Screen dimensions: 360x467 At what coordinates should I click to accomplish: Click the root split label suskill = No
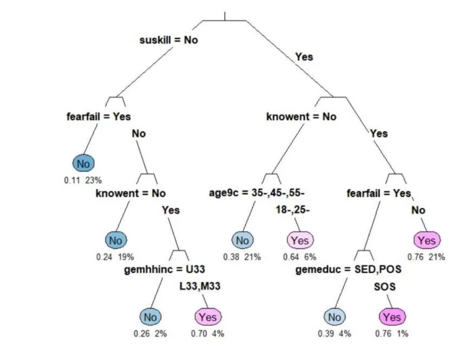169,40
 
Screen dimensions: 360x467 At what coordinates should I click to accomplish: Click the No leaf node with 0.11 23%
84,163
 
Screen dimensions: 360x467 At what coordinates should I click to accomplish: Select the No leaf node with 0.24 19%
116,240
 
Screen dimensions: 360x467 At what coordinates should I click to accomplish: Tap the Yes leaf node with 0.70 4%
208,317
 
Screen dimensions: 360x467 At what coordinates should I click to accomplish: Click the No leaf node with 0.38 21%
242,240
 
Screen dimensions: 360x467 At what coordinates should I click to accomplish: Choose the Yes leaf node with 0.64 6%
300,240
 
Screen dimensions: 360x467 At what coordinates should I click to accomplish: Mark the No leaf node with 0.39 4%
335,317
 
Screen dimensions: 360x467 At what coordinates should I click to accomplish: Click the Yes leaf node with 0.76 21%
427,240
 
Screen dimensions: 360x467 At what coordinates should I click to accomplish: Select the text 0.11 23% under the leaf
84,179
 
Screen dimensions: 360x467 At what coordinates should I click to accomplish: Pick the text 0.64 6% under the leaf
300,256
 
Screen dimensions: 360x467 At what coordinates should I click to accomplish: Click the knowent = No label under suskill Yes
301,116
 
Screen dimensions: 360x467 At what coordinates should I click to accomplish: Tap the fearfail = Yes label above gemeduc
379,192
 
